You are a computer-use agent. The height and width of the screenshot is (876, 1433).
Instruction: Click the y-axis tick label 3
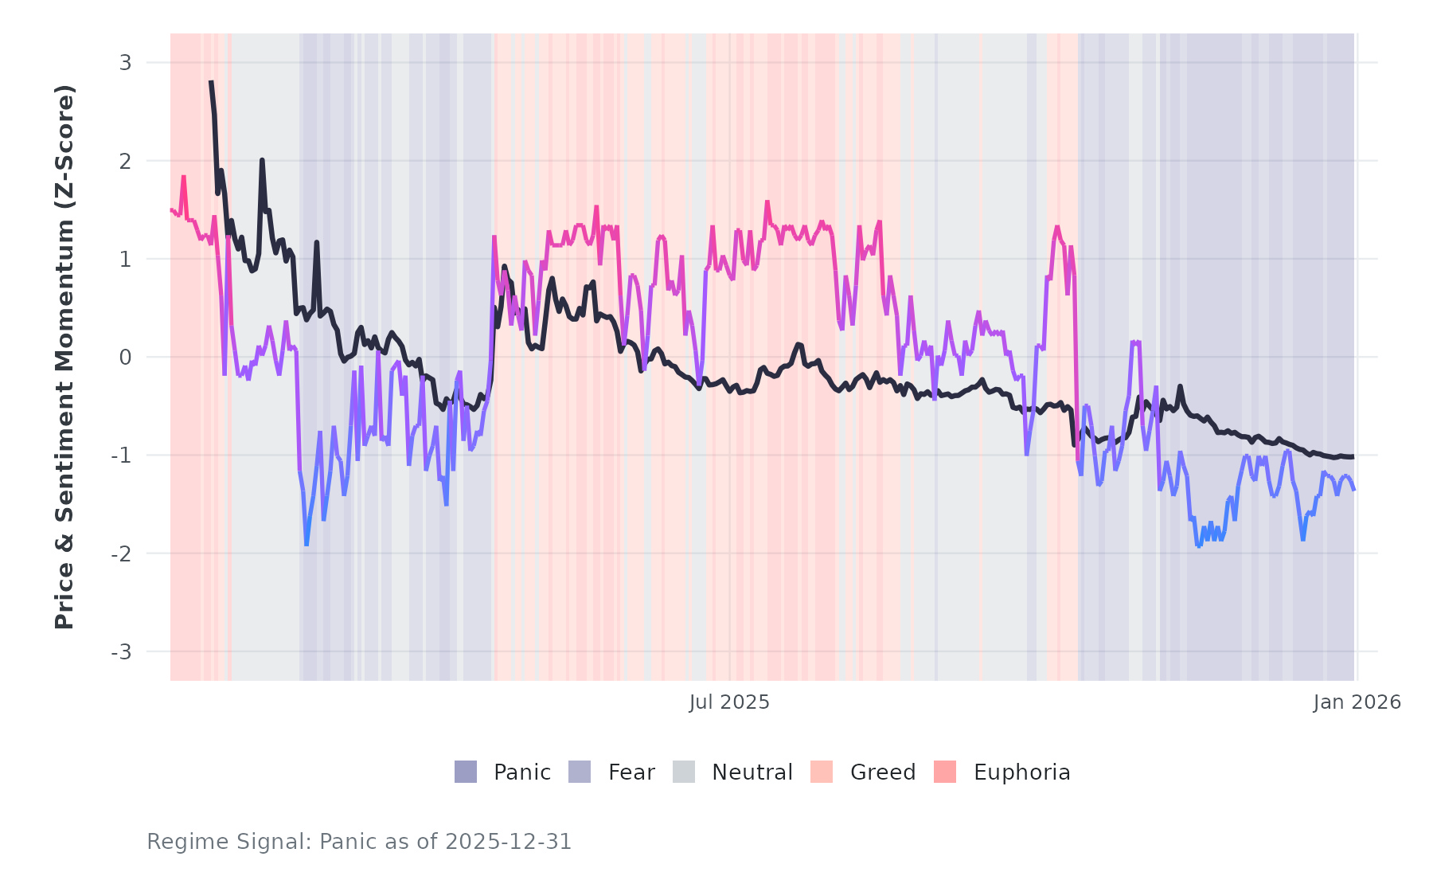click(x=125, y=62)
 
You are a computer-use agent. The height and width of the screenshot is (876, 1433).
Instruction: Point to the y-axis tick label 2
click(x=125, y=161)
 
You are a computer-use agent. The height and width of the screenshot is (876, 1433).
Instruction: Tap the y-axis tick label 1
click(x=125, y=259)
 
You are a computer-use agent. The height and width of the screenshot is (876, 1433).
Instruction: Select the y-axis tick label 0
click(x=125, y=358)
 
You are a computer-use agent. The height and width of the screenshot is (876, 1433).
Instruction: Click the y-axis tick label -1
click(x=121, y=456)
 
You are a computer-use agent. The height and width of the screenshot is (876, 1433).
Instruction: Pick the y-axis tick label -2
click(x=121, y=553)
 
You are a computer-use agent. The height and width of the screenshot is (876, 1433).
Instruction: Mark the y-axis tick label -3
click(x=121, y=652)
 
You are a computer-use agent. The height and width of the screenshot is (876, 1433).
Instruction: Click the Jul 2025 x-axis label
click(x=729, y=702)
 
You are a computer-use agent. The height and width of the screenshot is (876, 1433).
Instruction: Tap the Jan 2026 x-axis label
click(x=1357, y=702)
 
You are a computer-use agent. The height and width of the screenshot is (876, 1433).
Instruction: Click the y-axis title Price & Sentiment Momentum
click(x=64, y=357)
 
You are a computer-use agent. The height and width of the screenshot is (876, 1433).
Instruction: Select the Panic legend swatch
click(x=466, y=772)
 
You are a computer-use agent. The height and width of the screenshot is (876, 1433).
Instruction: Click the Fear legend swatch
click(x=580, y=772)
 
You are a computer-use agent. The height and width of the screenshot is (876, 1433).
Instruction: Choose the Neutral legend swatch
click(x=684, y=772)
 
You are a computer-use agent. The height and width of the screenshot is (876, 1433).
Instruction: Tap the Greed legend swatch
click(x=822, y=772)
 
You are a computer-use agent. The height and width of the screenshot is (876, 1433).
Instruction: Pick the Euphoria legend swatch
click(x=945, y=772)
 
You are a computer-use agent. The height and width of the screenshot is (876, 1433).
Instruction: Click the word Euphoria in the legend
click(x=1021, y=772)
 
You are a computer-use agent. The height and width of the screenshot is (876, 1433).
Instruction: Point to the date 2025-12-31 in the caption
click(x=508, y=842)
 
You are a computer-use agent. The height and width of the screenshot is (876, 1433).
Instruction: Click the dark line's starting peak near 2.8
click(x=211, y=82)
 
